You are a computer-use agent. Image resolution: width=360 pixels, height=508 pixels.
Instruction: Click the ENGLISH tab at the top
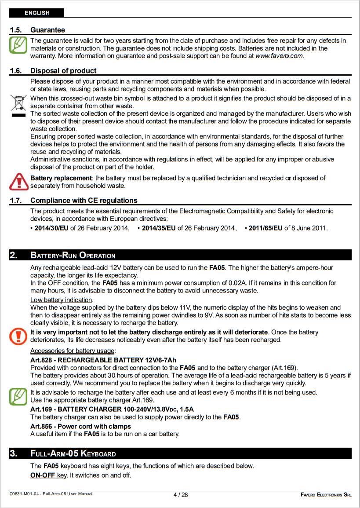[x=37, y=13]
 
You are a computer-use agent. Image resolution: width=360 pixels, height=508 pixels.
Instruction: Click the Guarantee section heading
[x=47, y=30]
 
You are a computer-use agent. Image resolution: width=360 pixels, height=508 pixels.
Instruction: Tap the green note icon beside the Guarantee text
[x=18, y=45]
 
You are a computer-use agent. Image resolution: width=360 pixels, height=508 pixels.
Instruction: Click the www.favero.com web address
[x=279, y=56]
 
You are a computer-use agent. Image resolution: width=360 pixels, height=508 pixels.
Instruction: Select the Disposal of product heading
[x=63, y=70]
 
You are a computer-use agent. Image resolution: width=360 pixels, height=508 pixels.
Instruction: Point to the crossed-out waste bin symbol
[x=18, y=105]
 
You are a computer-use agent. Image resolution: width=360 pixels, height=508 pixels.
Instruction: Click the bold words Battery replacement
[x=61, y=178]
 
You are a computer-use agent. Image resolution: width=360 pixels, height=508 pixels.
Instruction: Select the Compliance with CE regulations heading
[x=84, y=201]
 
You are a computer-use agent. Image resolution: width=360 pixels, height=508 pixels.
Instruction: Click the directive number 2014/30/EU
[x=51, y=228]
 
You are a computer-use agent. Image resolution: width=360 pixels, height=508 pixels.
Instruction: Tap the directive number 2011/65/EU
[x=265, y=228]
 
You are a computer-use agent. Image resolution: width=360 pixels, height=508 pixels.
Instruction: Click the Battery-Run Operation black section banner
[x=180, y=255]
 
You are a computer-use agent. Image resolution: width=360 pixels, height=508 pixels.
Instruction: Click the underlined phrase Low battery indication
[x=61, y=300]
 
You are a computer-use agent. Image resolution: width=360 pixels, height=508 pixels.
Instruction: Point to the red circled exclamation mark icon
[x=18, y=336]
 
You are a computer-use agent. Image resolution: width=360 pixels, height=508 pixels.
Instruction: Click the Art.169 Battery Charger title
[x=112, y=409]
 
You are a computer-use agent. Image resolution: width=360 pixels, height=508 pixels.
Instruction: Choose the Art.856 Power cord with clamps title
[x=80, y=426]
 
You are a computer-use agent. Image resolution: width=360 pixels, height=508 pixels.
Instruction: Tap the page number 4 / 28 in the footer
[x=181, y=494]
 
